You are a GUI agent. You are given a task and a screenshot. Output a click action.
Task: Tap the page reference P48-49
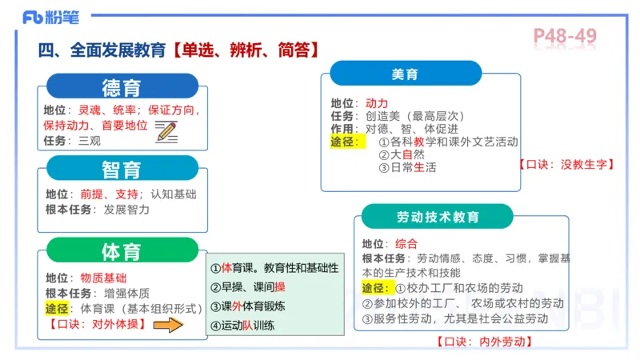pos(565,36)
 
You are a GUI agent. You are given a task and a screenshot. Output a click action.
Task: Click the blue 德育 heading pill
pos(122,86)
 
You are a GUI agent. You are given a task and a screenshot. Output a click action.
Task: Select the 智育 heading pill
pos(122,169)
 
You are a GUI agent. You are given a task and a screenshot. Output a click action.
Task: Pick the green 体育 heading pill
pos(122,251)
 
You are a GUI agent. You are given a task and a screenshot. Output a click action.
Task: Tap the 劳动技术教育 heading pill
pos(438,217)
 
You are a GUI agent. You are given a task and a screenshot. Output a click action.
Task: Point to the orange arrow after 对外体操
pos(168,325)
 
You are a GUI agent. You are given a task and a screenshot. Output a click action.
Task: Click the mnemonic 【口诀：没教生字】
pos(566,164)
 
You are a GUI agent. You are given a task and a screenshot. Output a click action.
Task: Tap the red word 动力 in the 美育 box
pos(376,103)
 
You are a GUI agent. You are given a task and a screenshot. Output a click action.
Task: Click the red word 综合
pos(406,243)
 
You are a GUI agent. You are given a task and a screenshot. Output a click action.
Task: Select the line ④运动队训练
pos(242,326)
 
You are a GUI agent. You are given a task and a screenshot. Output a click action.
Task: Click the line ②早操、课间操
pos(247,287)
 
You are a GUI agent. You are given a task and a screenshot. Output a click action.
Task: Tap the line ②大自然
pos(402,154)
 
